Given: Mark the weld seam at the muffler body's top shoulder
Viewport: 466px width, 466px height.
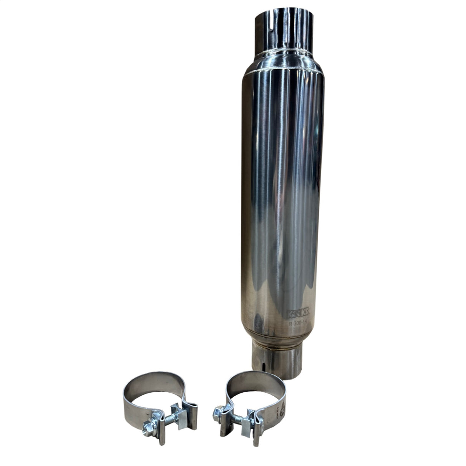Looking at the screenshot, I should click(x=282, y=70).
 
